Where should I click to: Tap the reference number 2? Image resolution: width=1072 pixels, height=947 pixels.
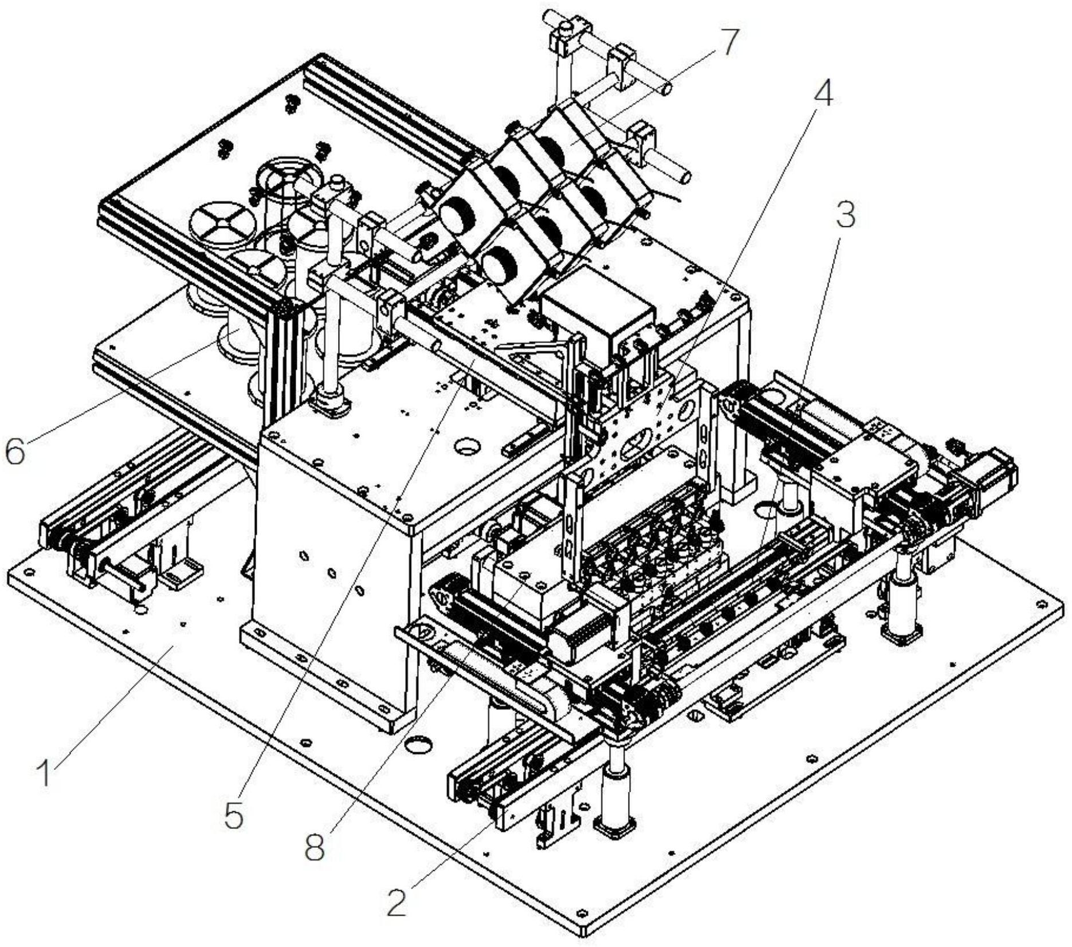(x=396, y=900)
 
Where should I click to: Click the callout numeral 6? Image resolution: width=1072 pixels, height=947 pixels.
(x=15, y=451)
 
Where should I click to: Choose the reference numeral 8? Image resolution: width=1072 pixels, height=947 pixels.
(x=315, y=846)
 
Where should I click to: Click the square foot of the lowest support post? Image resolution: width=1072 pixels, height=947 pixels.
(x=616, y=825)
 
